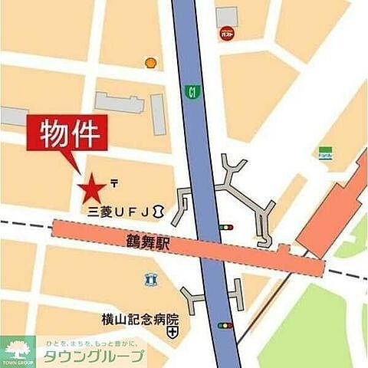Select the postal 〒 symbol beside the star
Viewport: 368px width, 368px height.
[x=113, y=182]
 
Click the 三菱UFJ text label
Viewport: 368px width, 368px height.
[x=114, y=209]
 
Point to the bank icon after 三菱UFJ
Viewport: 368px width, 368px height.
[x=157, y=209]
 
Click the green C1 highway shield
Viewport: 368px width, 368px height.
[x=190, y=91]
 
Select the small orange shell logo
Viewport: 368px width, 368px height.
[x=150, y=61]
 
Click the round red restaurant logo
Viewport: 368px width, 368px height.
[x=226, y=33]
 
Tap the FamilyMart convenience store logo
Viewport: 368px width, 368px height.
[x=326, y=152]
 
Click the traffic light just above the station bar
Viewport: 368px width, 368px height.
[x=225, y=227]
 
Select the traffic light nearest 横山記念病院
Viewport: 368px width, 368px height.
[x=224, y=325]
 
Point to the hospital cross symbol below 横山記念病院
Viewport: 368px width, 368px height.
[x=173, y=333]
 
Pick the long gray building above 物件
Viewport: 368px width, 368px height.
[x=119, y=101]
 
